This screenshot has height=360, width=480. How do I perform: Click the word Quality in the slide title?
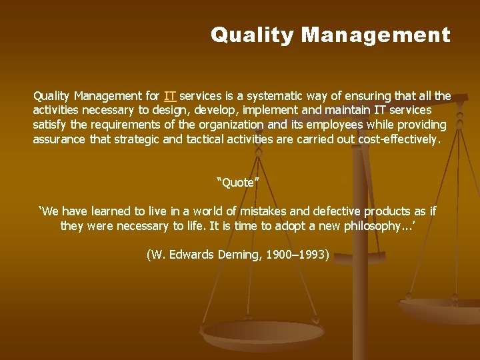click(x=252, y=35)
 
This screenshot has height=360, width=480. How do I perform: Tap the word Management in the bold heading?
click(x=376, y=35)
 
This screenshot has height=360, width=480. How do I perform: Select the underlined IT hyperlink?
click(x=170, y=96)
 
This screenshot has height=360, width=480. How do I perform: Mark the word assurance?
click(x=59, y=140)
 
